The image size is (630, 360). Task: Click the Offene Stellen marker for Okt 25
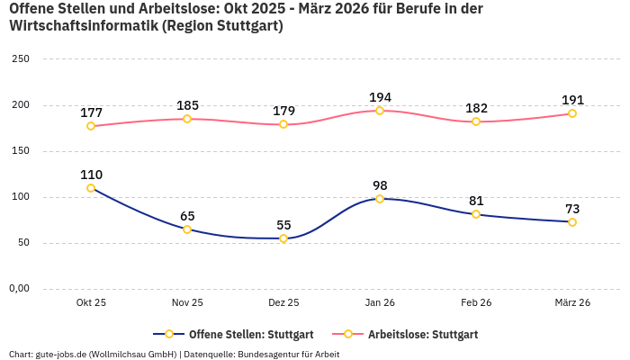pyautogui.click(x=91, y=188)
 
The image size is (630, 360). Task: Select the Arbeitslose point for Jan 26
pyautogui.click(x=380, y=111)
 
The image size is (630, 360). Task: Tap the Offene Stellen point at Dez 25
pyautogui.click(x=283, y=238)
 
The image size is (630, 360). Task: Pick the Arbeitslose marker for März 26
pyautogui.click(x=572, y=113)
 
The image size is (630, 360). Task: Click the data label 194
pyautogui.click(x=380, y=97)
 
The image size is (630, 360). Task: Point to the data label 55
pyautogui.click(x=283, y=225)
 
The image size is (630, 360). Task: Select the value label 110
pyautogui.click(x=91, y=175)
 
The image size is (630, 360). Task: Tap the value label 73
pyautogui.click(x=572, y=209)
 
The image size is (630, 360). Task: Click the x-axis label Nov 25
pyautogui.click(x=187, y=302)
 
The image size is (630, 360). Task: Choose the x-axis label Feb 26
pyautogui.click(x=476, y=302)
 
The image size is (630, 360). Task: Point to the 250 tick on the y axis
pyautogui.click(x=20, y=58)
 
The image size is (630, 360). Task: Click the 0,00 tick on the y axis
pyautogui.click(x=18, y=289)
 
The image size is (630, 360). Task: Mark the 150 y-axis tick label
pyautogui.click(x=20, y=151)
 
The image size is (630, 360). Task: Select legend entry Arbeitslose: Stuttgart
pyautogui.click(x=422, y=334)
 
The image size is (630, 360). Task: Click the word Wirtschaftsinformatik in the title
pyautogui.click(x=84, y=25)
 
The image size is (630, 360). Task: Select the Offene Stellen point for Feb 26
pyautogui.click(x=476, y=214)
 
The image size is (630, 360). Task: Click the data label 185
pyautogui.click(x=187, y=105)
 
